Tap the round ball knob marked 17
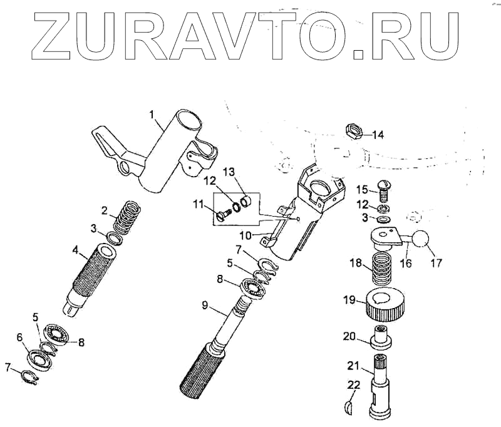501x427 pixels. pos(421,240)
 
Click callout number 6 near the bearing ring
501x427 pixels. pos(19,337)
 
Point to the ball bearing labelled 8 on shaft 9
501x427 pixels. pos(253,288)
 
